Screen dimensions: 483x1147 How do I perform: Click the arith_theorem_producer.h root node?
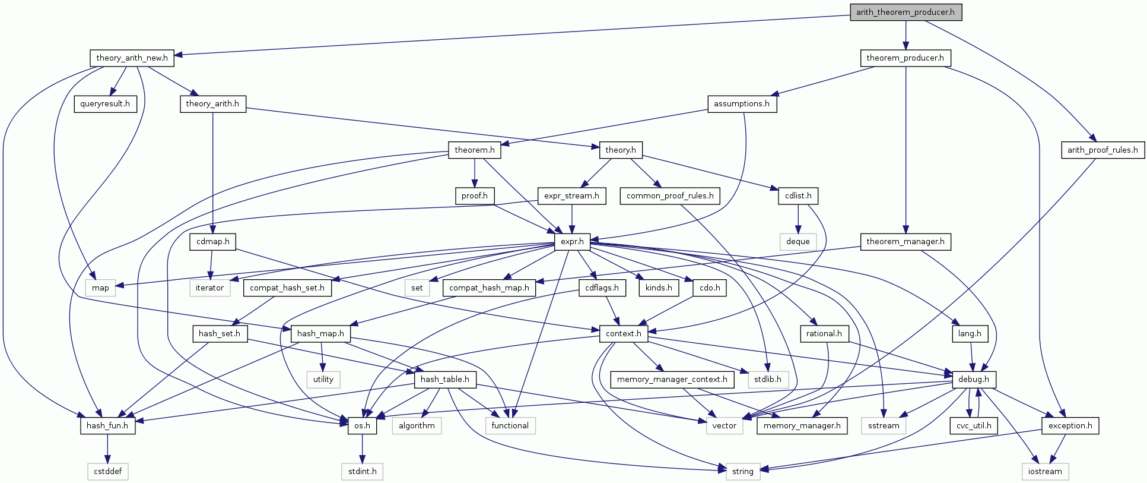pos(905,12)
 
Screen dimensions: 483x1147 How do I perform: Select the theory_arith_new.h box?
pos(132,58)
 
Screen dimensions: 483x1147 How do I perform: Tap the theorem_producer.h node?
pos(905,58)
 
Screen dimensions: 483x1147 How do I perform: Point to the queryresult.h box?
pos(105,103)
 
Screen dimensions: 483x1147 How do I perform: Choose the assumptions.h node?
pos(741,103)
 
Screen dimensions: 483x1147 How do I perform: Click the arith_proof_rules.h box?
pos(1102,150)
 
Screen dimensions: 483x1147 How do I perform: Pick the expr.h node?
pos(572,241)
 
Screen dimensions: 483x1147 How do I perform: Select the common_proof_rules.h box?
pos(670,195)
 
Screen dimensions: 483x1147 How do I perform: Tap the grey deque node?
pos(798,241)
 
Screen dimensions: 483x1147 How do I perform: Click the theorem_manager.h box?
pos(905,241)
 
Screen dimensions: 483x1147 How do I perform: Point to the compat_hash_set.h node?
pos(287,288)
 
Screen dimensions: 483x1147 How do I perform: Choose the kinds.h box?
pos(659,288)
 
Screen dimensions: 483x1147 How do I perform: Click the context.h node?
pos(623,333)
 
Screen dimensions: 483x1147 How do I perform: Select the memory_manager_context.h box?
pos(672,379)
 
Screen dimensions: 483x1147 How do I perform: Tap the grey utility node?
pos(323,379)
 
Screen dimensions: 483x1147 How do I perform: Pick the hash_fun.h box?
pos(107,425)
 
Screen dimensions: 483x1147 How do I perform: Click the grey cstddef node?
pos(107,471)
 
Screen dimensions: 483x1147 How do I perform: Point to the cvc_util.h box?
pos(973,425)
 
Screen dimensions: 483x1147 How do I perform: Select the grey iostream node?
pos(1044,471)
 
